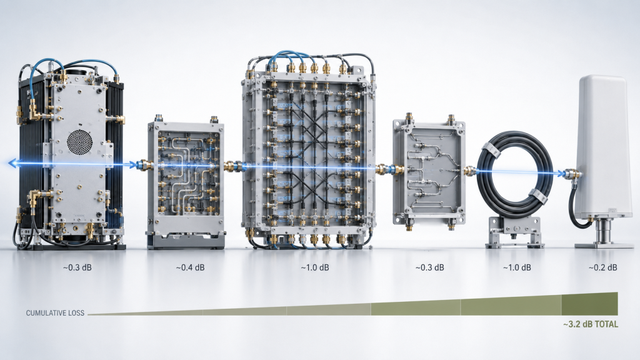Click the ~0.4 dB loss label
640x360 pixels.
point(190,267)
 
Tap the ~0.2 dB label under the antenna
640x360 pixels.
point(602,267)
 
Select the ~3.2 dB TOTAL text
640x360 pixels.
point(591,324)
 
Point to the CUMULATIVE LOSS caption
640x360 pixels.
point(55,313)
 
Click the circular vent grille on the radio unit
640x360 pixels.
point(79,142)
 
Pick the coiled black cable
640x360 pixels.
point(515,174)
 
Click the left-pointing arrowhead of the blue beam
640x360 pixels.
point(12,164)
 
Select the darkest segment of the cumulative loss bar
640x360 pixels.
point(590,304)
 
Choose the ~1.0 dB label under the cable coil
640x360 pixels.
point(517,267)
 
